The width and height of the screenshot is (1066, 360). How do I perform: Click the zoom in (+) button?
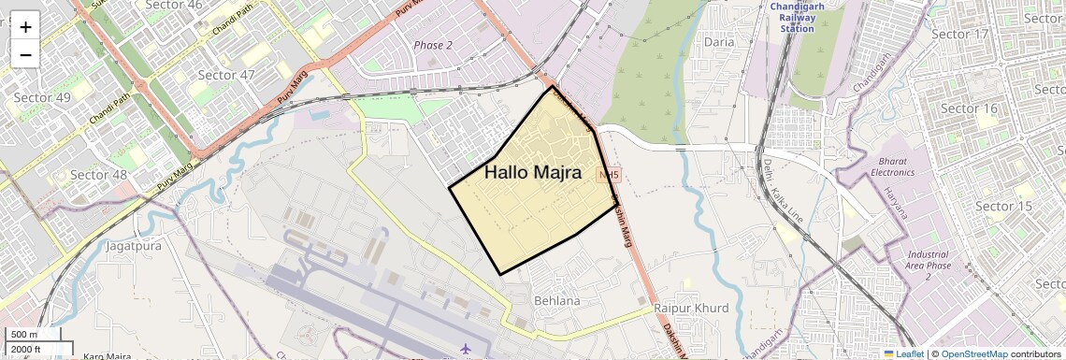point(25,26)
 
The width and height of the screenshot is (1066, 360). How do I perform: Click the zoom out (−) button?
point(25,54)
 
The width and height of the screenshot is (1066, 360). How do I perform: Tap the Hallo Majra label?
point(533,173)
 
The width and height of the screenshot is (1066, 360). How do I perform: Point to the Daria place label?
point(719,42)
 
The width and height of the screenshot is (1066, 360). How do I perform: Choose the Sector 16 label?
point(970,109)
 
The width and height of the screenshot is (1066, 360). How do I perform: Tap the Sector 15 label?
point(1003,206)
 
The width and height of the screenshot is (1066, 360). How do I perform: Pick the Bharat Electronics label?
point(892,166)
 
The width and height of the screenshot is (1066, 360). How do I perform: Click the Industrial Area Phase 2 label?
point(928,266)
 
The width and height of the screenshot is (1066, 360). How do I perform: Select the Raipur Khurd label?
point(691,308)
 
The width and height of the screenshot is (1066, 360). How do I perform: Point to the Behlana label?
point(556,301)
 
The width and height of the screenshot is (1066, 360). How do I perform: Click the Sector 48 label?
point(98,175)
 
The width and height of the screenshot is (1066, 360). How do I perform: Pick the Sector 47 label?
point(226,75)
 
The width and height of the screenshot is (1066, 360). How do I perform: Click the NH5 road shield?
point(610,175)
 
